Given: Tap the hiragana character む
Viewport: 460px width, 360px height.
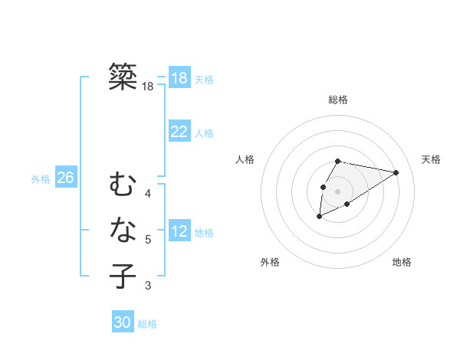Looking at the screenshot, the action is pos(123,185).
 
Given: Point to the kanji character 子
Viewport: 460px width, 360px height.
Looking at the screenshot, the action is pos(123,276).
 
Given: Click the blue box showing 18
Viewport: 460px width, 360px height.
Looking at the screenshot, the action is pos(179,77).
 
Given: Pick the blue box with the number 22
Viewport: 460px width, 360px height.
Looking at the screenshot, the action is pos(179,132).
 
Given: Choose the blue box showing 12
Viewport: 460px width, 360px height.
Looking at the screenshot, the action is pos(179,231).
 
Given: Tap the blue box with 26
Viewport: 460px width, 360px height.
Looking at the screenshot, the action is pos(65,178).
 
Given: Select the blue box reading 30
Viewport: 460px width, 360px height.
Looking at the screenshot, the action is pos(123,322).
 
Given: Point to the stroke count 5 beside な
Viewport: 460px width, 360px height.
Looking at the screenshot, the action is pos(148,240).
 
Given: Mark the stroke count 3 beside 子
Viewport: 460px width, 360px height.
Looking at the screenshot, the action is pos(148,286).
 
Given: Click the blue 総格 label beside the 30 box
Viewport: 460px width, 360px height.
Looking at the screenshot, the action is pos(147,324).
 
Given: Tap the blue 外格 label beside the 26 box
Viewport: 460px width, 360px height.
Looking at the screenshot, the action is pos(41,179).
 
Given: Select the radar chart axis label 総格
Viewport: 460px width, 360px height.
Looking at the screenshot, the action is pos(338,100).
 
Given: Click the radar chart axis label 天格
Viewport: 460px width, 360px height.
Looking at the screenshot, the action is pos(431,159).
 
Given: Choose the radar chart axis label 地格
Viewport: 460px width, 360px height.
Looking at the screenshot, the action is pos(402,262).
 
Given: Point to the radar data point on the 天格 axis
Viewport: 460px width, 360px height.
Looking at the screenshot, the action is pos(396,172).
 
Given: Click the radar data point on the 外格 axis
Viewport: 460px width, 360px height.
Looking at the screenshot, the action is pos(320,217).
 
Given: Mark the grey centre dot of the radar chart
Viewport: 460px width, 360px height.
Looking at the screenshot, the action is pos(338,191).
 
